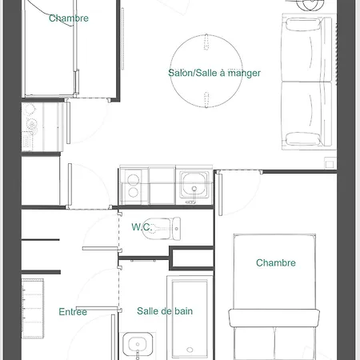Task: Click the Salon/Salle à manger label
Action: pos(214,73)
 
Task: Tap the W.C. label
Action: pos(142,226)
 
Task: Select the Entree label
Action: pos(73,311)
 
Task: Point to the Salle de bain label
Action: pos(164,311)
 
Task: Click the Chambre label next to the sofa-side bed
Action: pos(275,262)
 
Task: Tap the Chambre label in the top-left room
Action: pos(69,18)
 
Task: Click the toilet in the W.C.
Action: pos(166,228)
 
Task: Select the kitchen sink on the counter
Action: pos(194,186)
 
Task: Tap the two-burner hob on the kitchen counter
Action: pos(131,186)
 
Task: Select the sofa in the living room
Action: pos(308,83)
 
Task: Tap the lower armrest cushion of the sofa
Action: pos(308,138)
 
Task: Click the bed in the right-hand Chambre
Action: pos(275,296)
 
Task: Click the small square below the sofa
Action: pos(330,162)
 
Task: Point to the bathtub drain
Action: pos(189,350)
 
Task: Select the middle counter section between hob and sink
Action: pos(162,186)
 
